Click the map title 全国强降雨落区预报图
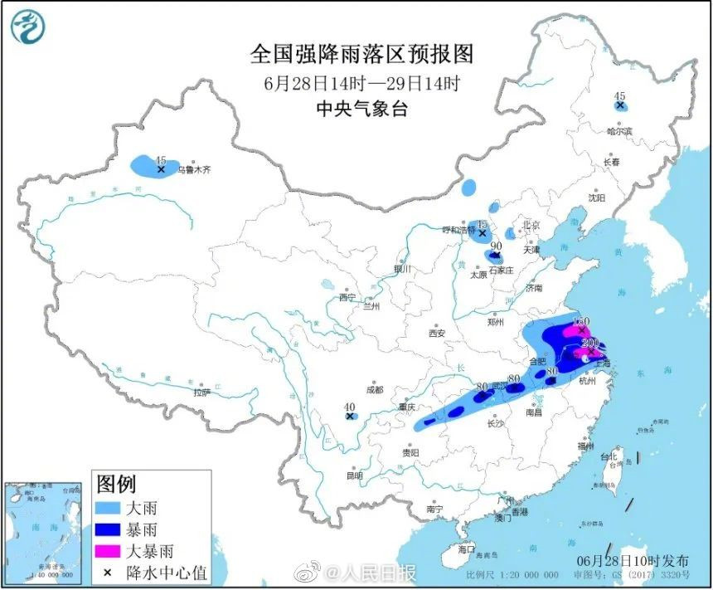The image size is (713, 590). [x=361, y=55]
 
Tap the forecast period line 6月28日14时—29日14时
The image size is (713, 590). [x=361, y=83]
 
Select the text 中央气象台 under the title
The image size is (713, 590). [x=361, y=109]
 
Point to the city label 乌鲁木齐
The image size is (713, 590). [x=196, y=169]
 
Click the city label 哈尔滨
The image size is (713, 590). [x=618, y=131]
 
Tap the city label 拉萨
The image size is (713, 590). [x=201, y=393]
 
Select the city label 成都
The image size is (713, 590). [x=374, y=389]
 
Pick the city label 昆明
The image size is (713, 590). [x=354, y=476]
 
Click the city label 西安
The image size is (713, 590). [x=437, y=334]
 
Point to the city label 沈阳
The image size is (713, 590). [x=597, y=197]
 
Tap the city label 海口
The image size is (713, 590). [x=467, y=549]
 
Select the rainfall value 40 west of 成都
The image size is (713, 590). [x=349, y=406]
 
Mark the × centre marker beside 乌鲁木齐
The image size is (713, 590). [x=161, y=169]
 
